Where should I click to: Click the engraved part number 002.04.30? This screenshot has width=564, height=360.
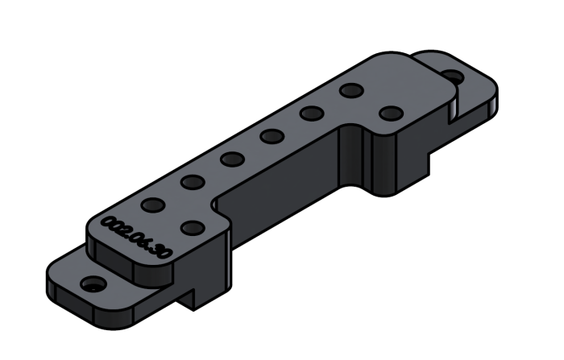point(136,238)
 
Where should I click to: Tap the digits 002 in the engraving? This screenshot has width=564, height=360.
point(114,225)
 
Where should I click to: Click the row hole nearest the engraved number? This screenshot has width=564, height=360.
point(151,205)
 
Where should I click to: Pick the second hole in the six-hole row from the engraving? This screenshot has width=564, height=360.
point(192,182)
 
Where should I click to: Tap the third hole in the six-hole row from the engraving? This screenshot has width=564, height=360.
point(231,159)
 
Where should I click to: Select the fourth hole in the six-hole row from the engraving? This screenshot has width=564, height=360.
point(271,135)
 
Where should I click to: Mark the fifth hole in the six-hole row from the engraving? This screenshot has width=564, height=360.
point(310,114)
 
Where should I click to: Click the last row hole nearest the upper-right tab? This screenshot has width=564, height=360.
point(350,90)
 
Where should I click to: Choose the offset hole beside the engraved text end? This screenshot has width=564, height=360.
point(191,228)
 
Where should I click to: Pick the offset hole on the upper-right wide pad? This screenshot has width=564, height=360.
point(390,113)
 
